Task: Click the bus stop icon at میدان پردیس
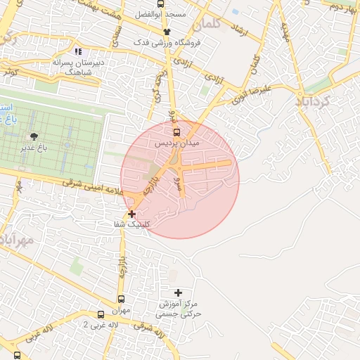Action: (176, 131)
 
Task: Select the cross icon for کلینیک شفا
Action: (132, 213)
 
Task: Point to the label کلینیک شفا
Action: (132, 224)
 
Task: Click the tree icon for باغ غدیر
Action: (33, 136)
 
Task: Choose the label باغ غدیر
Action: (32, 148)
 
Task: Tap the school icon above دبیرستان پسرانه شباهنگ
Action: (78, 51)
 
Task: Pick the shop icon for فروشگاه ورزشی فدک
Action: (167, 32)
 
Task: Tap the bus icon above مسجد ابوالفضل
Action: (161, 3)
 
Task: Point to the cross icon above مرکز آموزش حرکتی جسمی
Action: (177, 292)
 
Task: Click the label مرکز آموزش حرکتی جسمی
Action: (179, 309)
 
